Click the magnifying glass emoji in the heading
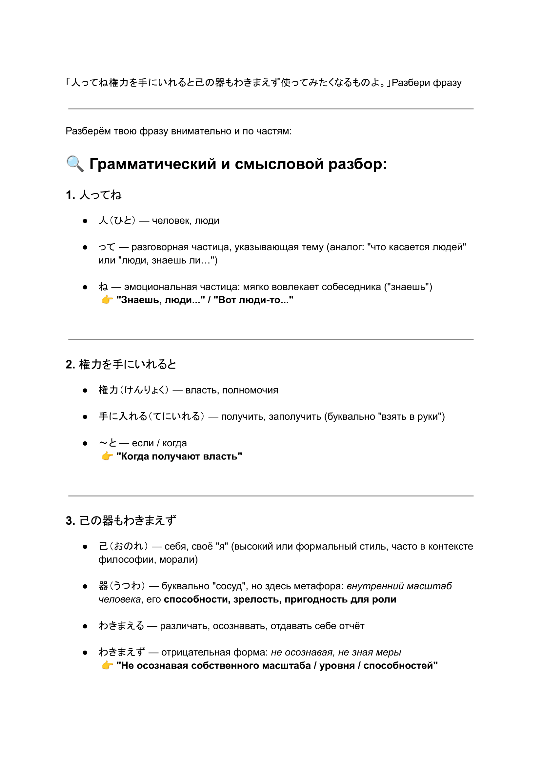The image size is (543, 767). pos(75,164)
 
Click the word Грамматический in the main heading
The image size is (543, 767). pos(153,165)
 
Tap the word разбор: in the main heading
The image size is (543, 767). pos(357,165)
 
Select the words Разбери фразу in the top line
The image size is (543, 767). pos(427,83)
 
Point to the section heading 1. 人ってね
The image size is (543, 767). pos(94,195)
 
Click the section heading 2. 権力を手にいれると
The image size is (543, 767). pos(121,364)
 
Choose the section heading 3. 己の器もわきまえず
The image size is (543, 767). pos(121,521)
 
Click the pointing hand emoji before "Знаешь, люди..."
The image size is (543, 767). pos(107,300)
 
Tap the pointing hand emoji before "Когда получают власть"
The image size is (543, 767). pos(107,456)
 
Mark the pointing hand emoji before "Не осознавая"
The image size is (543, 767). pos(107,665)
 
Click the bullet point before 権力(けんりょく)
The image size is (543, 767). pos(85,391)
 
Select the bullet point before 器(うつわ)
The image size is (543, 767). pos(85,586)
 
